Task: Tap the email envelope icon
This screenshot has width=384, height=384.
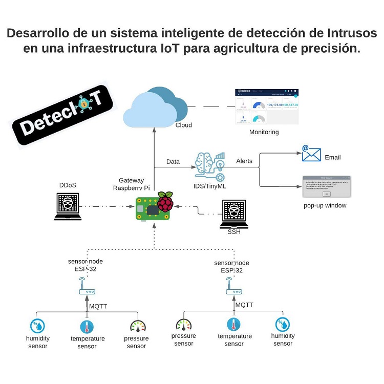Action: click(x=311, y=154)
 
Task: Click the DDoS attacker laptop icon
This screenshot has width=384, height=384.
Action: click(x=68, y=206)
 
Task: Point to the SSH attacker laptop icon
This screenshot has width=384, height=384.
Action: click(x=233, y=214)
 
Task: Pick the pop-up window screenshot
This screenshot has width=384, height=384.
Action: click(x=325, y=187)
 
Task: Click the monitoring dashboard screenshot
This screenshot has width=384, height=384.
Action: click(x=267, y=107)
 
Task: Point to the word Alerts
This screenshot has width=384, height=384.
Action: click(x=244, y=161)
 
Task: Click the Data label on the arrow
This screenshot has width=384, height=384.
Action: click(x=173, y=162)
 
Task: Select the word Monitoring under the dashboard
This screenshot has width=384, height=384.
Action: click(x=264, y=132)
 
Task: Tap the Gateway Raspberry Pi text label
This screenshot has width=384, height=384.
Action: click(x=131, y=184)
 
